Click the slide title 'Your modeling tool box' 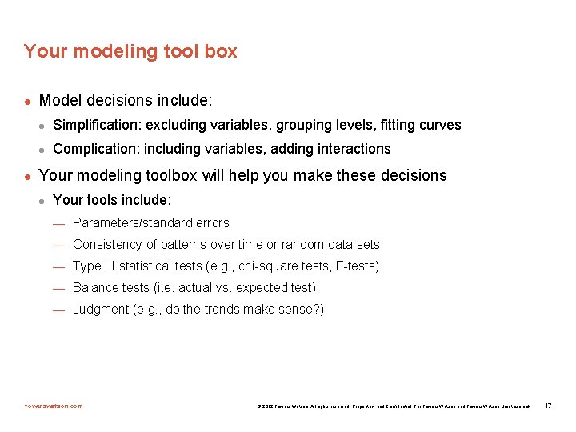130,51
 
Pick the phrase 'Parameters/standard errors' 150,222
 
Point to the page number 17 548,406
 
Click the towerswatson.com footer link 53,406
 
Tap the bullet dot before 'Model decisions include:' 28,102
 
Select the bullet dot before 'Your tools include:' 43,200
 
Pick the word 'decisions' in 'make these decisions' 410,175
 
